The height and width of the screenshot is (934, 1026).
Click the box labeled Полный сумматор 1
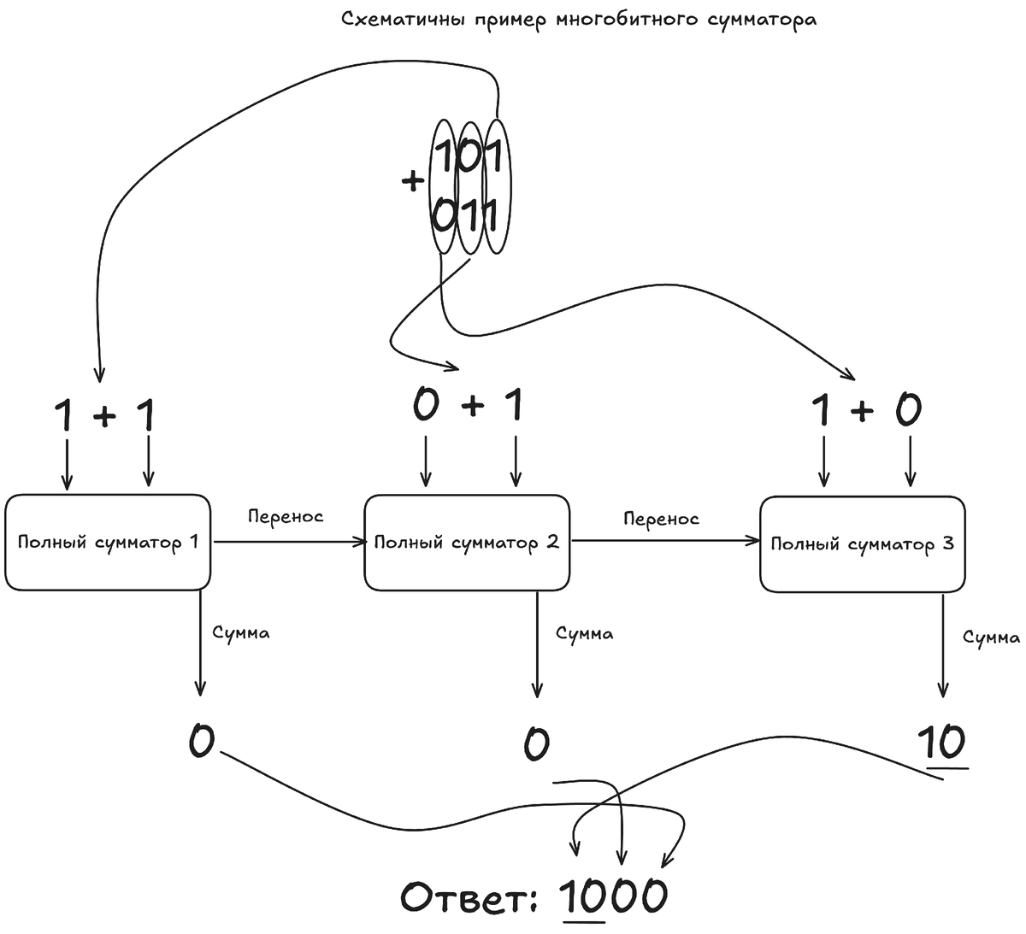108,542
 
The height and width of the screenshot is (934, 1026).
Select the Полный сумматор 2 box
467,542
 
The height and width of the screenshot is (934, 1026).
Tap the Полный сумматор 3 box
862,543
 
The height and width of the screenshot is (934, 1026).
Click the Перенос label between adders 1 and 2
286,517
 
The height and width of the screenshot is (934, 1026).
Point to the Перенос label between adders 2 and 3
661,519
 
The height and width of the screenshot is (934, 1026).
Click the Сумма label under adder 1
240,633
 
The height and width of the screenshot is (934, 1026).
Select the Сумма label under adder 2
584,634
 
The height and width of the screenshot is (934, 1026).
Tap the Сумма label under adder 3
991,637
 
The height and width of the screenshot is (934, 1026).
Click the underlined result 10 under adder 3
942,743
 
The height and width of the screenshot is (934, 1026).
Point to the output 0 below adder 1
201,740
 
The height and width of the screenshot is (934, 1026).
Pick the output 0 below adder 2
536,744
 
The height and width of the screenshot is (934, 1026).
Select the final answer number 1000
614,896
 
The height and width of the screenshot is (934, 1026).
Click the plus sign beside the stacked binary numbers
413,181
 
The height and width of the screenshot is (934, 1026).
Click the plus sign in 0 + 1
472,408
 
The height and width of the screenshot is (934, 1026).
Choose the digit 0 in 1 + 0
908,411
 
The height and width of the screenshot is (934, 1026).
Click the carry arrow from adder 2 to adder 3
665,540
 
